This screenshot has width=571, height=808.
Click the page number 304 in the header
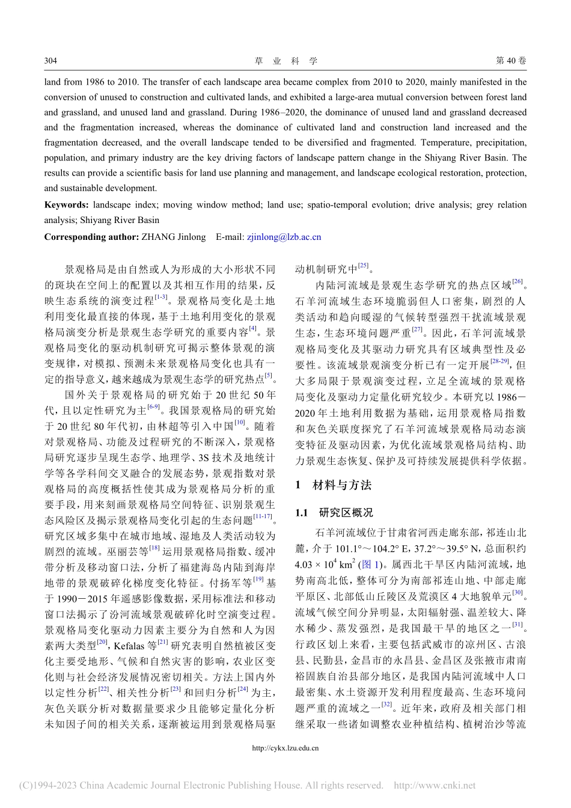coord(50,61)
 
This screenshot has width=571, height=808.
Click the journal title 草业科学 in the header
coord(285,61)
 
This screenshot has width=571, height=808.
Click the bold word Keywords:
coord(66,205)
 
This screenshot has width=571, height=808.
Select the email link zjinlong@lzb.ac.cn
coord(284,237)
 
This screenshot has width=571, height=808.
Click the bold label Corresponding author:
coord(91,237)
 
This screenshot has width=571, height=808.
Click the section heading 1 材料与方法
coord(333,485)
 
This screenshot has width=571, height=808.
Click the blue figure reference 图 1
coord(369,565)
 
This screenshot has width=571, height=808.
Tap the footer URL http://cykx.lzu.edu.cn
coord(285,748)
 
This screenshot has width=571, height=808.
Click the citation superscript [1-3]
coord(161,297)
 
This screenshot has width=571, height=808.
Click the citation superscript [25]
coord(363,266)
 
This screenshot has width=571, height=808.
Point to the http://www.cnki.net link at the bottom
coord(434,785)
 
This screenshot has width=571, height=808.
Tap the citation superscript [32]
coord(387,705)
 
